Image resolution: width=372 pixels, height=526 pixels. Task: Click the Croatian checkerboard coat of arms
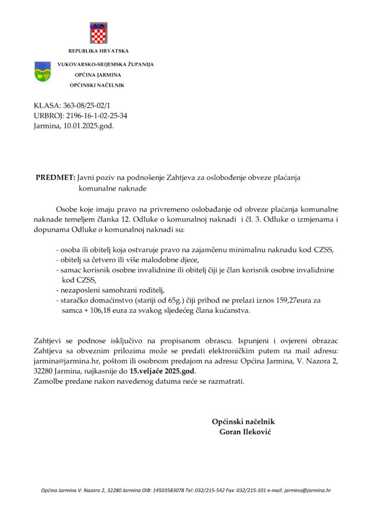point(98,33)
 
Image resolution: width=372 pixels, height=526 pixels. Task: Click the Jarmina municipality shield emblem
point(42,72)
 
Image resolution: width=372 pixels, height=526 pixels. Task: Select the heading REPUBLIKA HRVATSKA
point(98,51)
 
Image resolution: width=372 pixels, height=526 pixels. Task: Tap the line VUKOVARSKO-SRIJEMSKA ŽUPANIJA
point(105,64)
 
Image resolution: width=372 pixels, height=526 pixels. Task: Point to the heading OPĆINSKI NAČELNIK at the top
point(97,85)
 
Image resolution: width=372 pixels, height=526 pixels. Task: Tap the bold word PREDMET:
point(55,178)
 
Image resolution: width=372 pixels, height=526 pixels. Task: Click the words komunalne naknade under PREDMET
point(113,189)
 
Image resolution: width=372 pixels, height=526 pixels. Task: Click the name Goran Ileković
point(245,431)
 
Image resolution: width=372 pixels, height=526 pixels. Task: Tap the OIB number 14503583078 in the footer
point(166,491)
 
